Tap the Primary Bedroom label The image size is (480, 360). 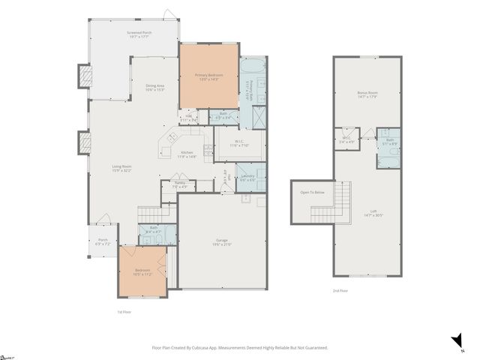tap(208, 75)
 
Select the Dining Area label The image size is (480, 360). tap(155, 87)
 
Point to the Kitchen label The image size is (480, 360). tap(186, 154)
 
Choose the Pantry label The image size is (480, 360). tap(179, 184)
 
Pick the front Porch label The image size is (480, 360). tap(103, 241)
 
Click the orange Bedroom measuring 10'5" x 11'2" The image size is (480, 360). tap(142, 271)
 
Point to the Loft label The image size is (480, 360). tap(373, 213)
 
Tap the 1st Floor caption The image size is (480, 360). tap(124, 311)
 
